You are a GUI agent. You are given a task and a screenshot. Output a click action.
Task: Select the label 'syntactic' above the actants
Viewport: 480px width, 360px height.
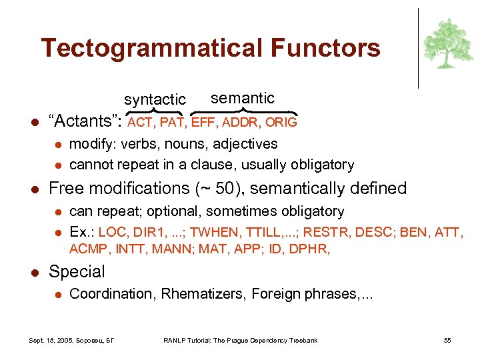click(x=155, y=99)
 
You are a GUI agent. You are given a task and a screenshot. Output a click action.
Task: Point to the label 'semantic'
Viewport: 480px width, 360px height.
click(x=242, y=98)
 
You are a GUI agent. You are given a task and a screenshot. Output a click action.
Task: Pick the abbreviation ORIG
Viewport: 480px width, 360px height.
click(x=281, y=123)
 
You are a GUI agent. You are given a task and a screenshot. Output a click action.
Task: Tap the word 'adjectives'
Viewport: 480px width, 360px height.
click(x=245, y=144)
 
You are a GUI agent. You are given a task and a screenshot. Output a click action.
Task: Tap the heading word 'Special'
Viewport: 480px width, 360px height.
click(x=77, y=272)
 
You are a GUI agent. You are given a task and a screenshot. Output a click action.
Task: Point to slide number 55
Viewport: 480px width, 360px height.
click(x=447, y=341)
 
